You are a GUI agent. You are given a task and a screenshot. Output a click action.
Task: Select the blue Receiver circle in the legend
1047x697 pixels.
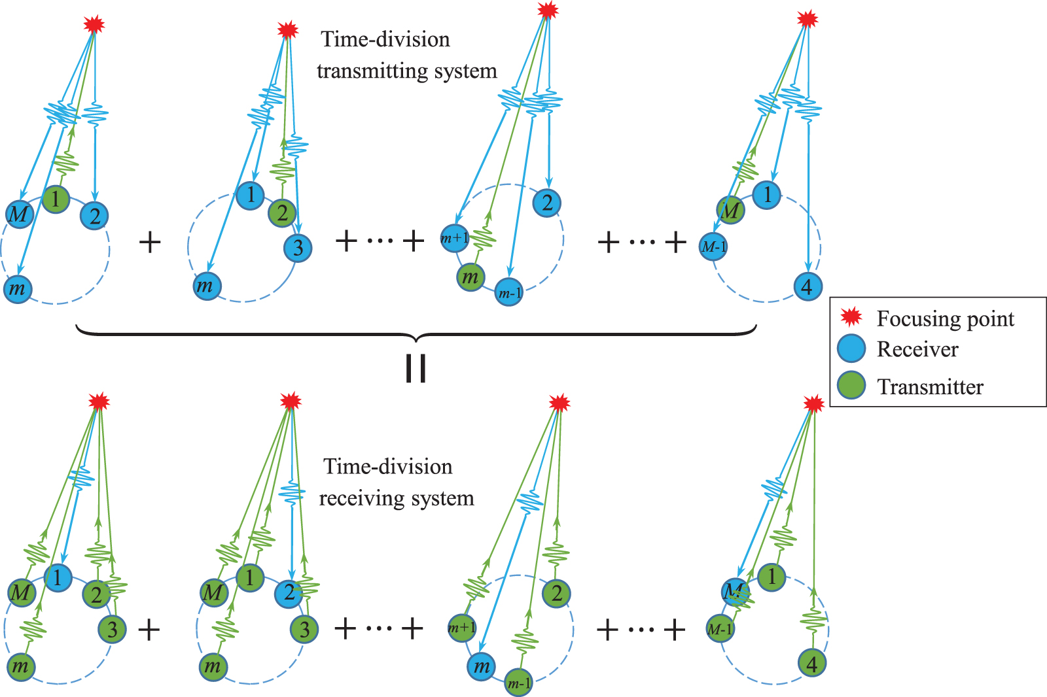coord(851,348)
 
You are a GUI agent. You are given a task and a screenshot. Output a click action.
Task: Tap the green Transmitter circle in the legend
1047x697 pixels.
coord(851,385)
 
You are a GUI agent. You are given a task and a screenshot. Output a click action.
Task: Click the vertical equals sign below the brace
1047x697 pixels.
coord(416,369)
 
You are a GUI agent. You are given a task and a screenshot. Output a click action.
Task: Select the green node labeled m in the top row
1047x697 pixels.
coord(470,277)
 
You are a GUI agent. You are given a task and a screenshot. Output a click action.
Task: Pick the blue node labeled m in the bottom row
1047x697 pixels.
coord(482,666)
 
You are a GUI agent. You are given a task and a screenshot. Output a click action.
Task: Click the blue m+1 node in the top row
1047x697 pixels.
coord(455,238)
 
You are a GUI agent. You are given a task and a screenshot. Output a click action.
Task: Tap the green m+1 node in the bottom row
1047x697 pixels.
coord(462,628)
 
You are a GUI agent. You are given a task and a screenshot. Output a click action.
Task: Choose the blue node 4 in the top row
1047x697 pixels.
coord(807,286)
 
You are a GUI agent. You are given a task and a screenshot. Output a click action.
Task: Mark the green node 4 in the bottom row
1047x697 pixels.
coord(812,664)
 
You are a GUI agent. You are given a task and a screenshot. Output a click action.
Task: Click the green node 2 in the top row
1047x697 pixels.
coord(282,212)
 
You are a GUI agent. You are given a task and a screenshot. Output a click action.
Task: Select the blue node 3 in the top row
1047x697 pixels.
coord(298,248)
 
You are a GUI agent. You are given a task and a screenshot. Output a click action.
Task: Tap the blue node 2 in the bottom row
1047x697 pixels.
coord(289,593)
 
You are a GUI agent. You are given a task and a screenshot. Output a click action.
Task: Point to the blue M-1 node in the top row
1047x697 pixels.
coord(713,246)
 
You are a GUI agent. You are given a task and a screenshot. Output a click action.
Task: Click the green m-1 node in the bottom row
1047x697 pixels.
coord(519,683)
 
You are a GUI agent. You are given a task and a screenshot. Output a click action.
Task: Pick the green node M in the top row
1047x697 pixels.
coord(731,211)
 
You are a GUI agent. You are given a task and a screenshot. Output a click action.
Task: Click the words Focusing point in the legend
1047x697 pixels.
coord(945,318)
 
